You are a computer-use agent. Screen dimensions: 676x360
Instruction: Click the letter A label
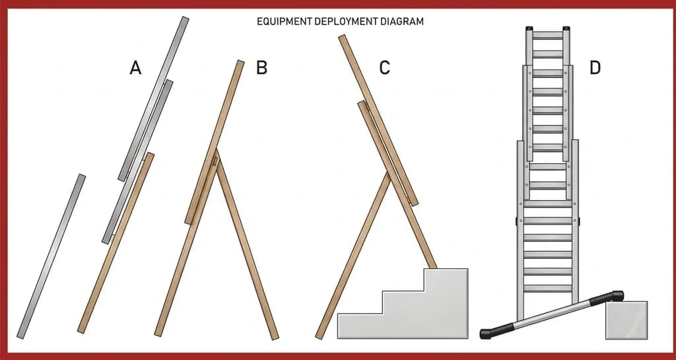click(x=135, y=67)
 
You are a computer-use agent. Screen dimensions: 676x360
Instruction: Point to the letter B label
click(x=261, y=67)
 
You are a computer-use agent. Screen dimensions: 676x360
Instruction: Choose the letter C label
click(x=385, y=67)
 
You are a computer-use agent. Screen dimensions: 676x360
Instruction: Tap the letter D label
click(x=595, y=67)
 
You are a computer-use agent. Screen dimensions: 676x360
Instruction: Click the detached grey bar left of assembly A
click(x=51, y=256)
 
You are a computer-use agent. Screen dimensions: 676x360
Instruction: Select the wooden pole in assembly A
click(x=116, y=242)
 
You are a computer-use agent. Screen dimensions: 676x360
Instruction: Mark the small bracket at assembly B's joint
click(x=215, y=162)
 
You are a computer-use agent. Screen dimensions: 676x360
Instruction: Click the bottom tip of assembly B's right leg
click(x=275, y=338)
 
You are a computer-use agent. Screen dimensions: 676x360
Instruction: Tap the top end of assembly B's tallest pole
click(x=240, y=62)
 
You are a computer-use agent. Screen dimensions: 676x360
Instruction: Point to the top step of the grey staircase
click(x=446, y=279)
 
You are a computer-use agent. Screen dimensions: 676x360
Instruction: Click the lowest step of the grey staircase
click(x=360, y=326)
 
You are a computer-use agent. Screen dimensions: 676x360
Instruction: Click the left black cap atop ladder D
click(x=529, y=28)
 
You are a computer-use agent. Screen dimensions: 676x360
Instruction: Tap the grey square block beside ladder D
click(x=626, y=320)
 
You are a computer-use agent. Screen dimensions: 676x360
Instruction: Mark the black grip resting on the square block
click(x=608, y=298)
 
